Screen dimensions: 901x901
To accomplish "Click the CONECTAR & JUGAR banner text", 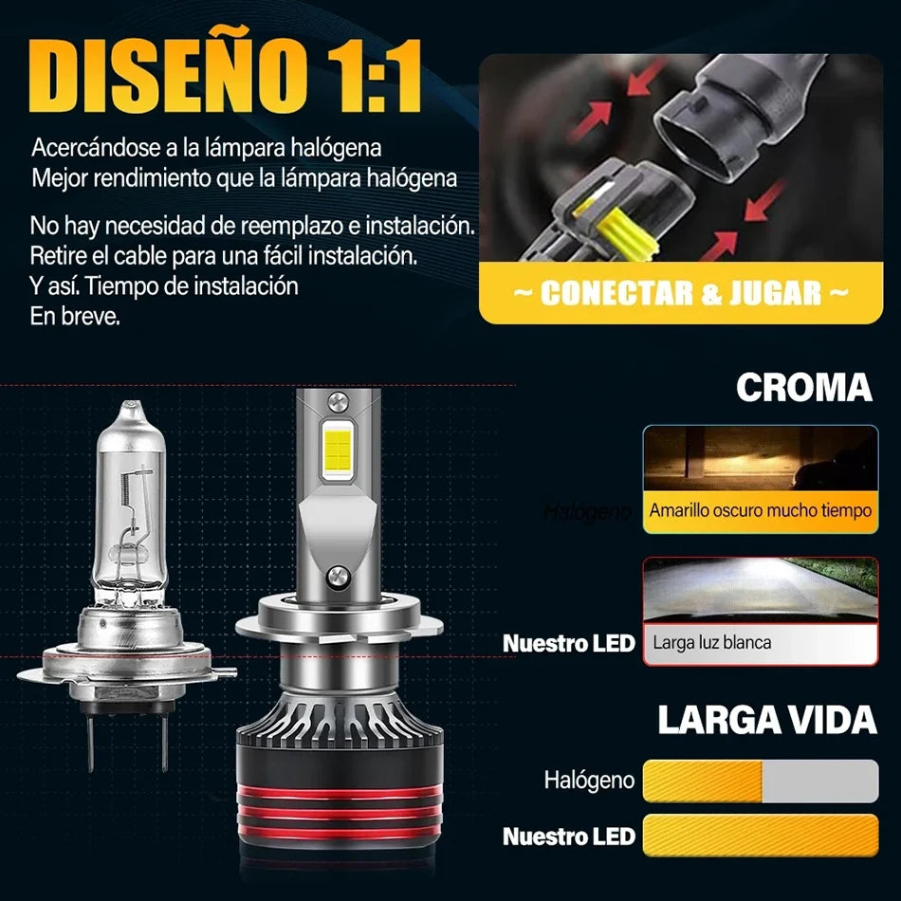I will coord(680,293).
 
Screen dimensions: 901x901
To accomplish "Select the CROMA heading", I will coord(803,387).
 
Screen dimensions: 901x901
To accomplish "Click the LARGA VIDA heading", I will coord(766,720).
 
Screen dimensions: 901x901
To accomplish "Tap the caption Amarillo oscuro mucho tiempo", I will coord(760,510).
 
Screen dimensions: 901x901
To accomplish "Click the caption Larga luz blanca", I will coord(712,642).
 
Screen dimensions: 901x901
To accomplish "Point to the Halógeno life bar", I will coord(760,781).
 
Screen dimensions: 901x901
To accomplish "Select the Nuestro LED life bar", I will coord(760,836).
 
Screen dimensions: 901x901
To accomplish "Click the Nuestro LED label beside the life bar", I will coord(568,837).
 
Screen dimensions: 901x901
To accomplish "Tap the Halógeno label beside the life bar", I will coord(589,781).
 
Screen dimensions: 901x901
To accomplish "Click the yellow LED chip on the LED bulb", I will coord(338,451).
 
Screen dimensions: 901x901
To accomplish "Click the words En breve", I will coord(75,317).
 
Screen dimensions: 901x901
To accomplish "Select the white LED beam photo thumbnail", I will coord(760,594).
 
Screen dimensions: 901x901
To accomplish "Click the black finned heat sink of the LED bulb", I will coord(339,721).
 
